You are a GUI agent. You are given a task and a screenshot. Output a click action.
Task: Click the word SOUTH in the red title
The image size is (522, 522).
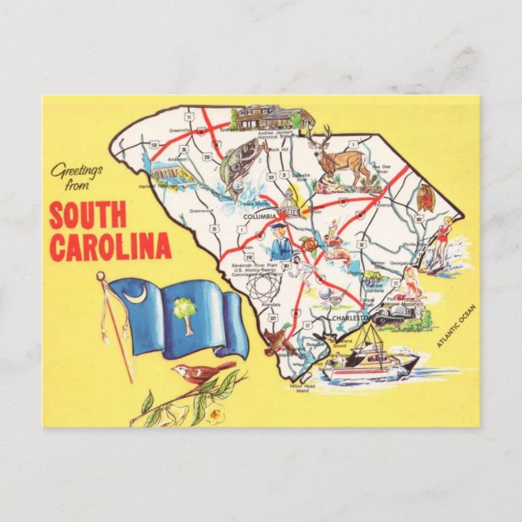87,216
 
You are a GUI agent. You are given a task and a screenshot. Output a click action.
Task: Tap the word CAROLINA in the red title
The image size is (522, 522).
109,246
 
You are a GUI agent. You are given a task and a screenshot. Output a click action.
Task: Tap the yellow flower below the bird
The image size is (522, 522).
214,416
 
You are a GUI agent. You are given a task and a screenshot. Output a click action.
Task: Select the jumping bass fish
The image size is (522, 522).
233,165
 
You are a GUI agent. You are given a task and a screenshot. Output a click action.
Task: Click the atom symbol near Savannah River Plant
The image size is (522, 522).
260,288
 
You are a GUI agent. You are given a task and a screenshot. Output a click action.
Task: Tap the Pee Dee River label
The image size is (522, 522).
382,170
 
